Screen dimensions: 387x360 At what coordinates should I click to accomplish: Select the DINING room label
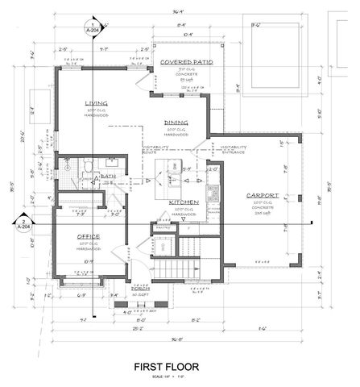pos(176,122)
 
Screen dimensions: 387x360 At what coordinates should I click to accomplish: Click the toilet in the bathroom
pos(85,166)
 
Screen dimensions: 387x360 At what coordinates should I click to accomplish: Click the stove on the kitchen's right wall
pos(213,193)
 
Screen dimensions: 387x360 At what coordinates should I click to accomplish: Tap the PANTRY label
pos(162,229)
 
